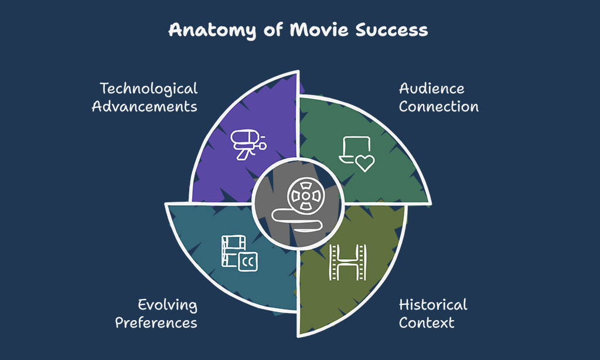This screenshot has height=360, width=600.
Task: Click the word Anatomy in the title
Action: pyautogui.click(x=212, y=30)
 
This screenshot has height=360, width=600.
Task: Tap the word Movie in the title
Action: pyautogui.click(x=319, y=29)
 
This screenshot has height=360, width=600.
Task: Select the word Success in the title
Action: pyautogui.click(x=391, y=30)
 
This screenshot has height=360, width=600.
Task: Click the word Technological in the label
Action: pyautogui.click(x=149, y=89)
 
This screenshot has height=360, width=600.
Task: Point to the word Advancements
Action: pyautogui.click(x=145, y=107)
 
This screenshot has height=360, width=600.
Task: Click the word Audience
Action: pyautogui.click(x=432, y=89)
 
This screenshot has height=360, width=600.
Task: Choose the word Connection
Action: pyautogui.click(x=438, y=107)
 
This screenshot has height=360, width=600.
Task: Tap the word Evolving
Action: pyautogui.click(x=168, y=305)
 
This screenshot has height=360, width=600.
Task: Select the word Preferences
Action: pyautogui.click(x=156, y=322)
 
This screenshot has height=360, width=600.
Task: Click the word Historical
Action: pyautogui.click(x=433, y=305)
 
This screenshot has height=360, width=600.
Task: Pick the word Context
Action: pyautogui.click(x=427, y=322)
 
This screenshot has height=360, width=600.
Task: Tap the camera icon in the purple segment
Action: pyautogui.click(x=248, y=144)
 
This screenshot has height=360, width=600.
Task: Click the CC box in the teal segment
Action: pyautogui.click(x=248, y=262)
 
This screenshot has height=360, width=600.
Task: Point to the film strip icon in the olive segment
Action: pyautogui.click(x=348, y=263)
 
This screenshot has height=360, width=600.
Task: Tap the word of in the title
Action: pyautogui.click(x=273, y=30)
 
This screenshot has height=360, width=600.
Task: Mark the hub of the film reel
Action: pyautogui.click(x=306, y=196)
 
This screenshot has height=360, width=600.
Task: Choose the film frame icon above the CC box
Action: pyautogui.click(x=233, y=251)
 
